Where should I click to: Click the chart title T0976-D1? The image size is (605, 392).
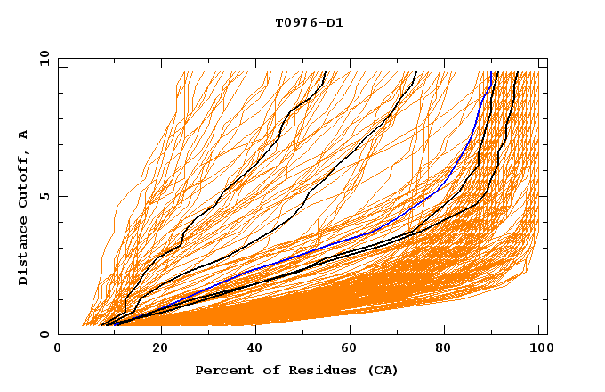pyautogui.click(x=309, y=22)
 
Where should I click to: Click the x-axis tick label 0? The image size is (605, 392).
pyautogui.click(x=59, y=350)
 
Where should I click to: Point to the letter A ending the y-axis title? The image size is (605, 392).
pyautogui.click(x=24, y=135)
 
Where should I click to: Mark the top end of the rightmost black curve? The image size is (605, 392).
pyautogui.click(x=517, y=72)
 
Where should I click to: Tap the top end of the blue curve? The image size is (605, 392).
pyautogui.click(x=492, y=72)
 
